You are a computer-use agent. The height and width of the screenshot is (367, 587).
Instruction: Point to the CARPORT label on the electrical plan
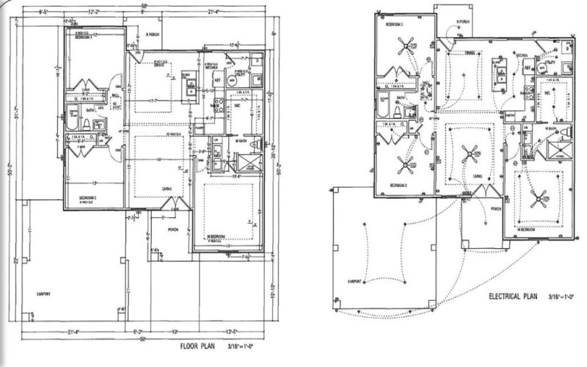[356, 280]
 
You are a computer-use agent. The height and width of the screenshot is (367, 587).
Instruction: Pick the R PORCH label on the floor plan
[153, 34]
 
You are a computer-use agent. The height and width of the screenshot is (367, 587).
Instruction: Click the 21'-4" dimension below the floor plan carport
[70, 332]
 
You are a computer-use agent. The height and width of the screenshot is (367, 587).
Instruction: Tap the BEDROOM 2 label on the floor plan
[91, 197]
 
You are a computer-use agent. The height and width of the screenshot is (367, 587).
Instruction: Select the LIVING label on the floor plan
[167, 189]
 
